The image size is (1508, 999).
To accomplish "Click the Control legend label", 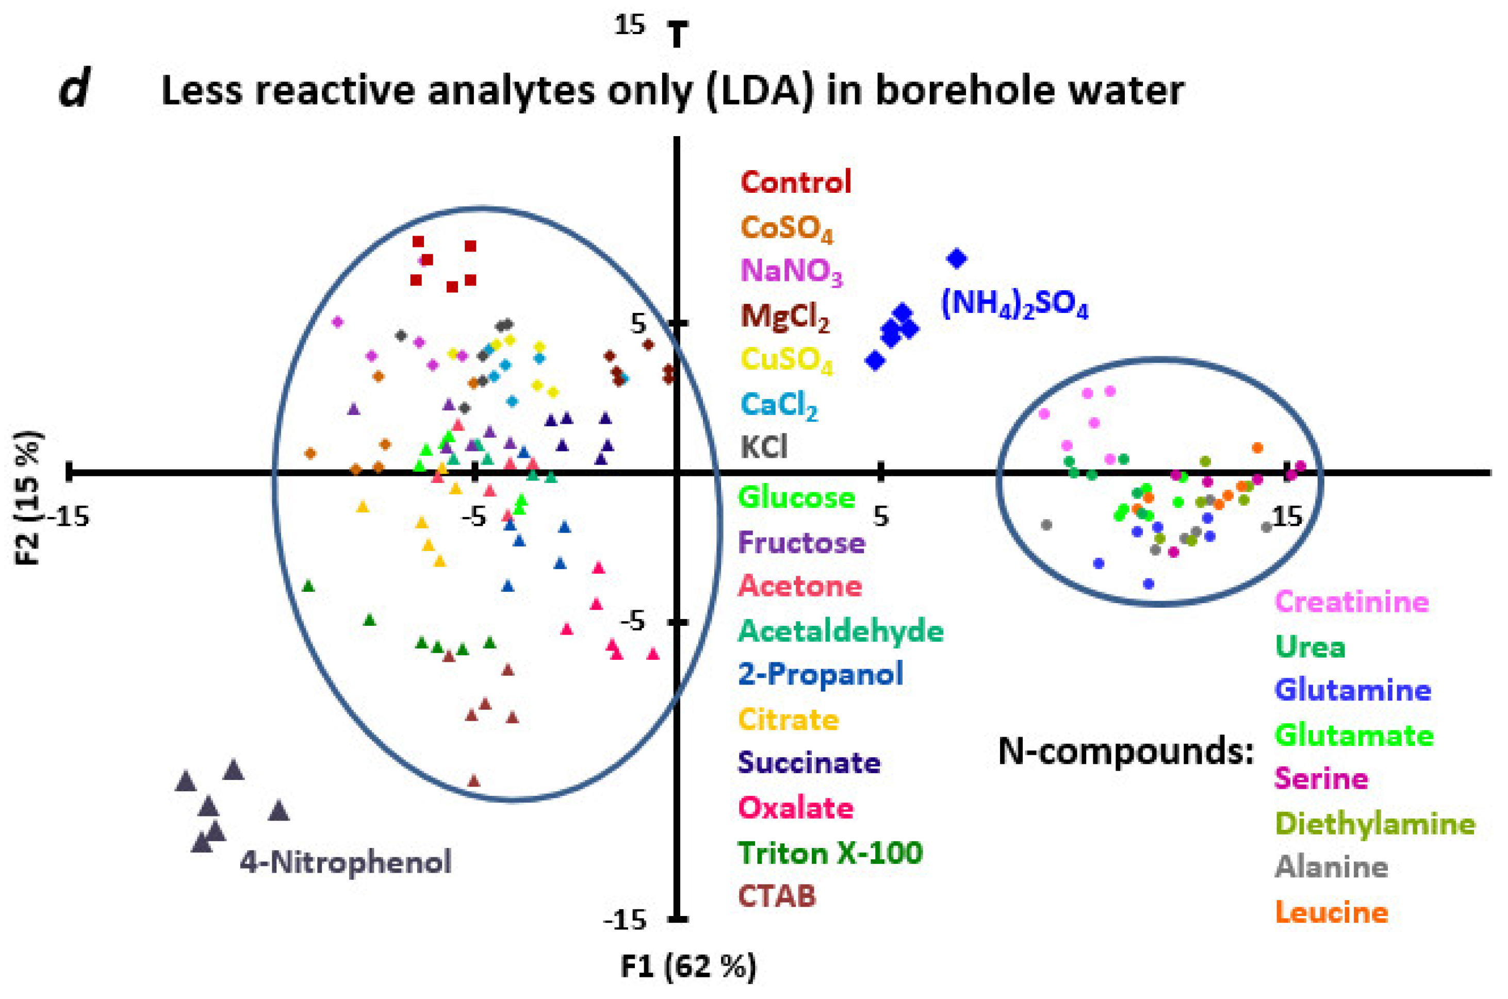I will coord(795,182).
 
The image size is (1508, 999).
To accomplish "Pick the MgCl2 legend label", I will coord(785,316).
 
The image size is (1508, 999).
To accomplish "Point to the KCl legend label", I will coord(764,447).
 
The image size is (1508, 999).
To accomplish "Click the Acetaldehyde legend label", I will coord(840,631).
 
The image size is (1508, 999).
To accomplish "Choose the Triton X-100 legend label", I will coord(830,853).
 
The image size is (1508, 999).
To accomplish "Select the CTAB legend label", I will coord(776,896).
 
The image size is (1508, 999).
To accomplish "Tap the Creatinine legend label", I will coord(1352,602).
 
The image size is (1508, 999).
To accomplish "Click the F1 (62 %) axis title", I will coord(689,967).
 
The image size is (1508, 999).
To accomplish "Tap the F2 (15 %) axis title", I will coord(28,498).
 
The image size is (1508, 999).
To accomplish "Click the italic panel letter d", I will coord(74,90).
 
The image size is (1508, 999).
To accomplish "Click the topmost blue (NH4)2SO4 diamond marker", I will coord(957,258).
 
